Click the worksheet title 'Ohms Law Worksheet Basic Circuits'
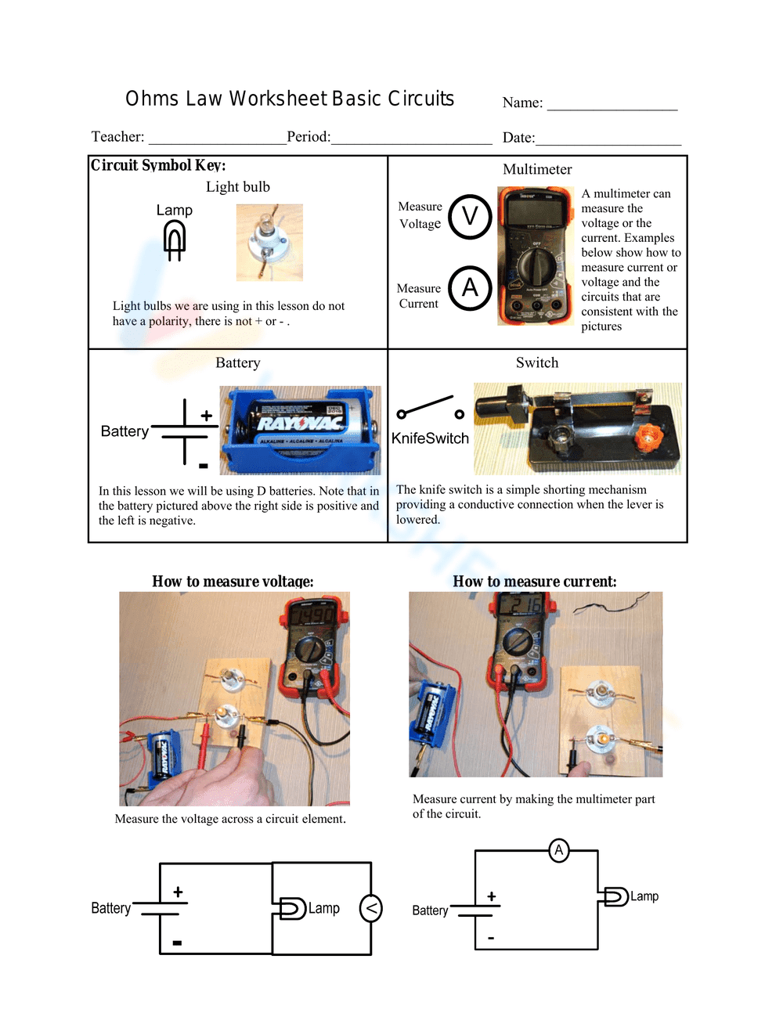pos(290,99)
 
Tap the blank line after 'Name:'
pos(612,105)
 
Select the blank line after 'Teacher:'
pos(217,139)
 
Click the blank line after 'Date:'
pos(608,139)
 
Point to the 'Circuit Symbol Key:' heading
pos(158,165)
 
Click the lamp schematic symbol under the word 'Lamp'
pos(175,240)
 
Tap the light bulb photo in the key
pos(269,243)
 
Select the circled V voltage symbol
pos(470,217)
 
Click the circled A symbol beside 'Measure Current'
pos(470,288)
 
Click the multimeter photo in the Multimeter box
pos(536,256)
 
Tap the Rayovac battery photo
pos(300,430)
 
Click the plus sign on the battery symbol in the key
pos(206,416)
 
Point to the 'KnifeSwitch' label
pos(430,438)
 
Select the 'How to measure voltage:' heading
pos(233,582)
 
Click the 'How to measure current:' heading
pos(535,582)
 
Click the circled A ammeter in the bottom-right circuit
pos(558,850)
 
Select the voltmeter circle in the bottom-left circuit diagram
pos(370,908)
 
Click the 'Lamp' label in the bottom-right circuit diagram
pos(644,896)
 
